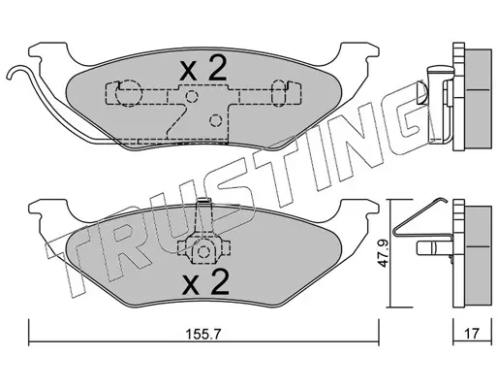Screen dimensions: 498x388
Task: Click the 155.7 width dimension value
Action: click(x=203, y=334)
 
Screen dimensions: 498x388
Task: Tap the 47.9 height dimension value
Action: click(x=384, y=253)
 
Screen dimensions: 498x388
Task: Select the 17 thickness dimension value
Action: click(x=472, y=334)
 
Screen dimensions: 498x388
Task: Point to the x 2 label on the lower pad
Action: click(x=205, y=282)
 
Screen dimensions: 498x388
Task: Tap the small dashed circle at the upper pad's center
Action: click(x=192, y=96)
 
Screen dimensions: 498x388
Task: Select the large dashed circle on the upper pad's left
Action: click(x=129, y=93)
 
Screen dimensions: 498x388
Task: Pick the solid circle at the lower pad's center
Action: click(x=203, y=251)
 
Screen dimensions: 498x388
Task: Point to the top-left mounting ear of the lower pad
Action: click(x=48, y=210)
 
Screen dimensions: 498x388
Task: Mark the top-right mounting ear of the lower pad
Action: click(x=358, y=210)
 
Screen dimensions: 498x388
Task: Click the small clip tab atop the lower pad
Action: click(x=203, y=201)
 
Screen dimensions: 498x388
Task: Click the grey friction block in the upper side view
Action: click(x=478, y=100)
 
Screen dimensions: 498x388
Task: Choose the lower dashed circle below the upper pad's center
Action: click(x=215, y=120)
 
